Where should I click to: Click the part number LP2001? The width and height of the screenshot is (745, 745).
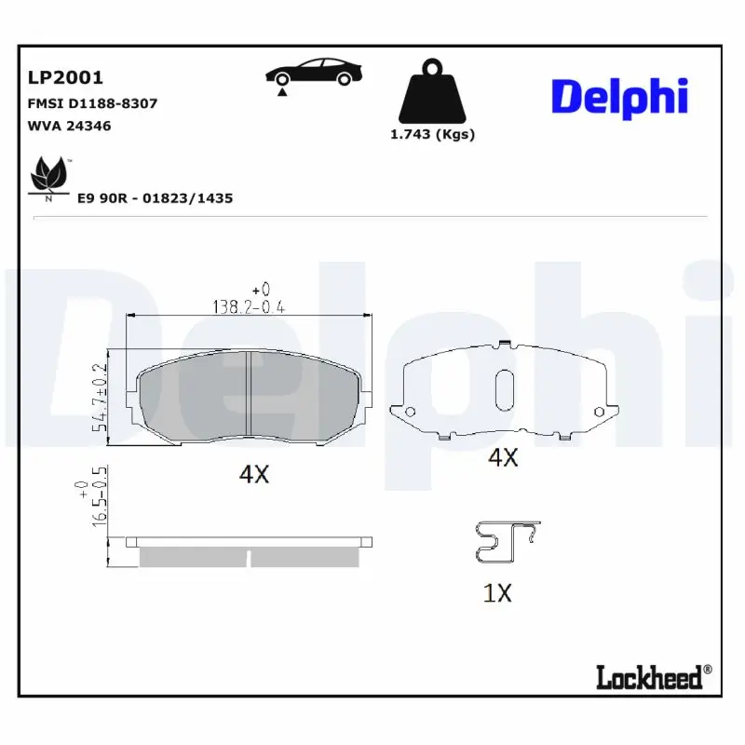pos(65,77)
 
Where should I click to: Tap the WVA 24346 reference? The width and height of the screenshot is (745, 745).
pos(71,125)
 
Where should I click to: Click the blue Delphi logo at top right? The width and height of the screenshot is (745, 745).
pos(619,97)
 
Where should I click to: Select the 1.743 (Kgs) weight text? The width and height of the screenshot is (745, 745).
pos(431,134)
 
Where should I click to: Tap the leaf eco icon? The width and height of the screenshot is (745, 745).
pos(48,176)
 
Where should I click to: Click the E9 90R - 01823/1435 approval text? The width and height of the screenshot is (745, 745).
pos(155,198)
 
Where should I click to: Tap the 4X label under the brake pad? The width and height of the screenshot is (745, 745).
pos(253,474)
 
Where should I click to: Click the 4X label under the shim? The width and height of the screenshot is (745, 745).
pos(503,457)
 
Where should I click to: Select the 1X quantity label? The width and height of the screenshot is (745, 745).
pos(498,592)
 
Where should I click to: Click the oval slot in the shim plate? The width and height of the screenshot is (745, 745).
pos(504,388)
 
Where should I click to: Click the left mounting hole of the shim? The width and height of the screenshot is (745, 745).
pos(410,412)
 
